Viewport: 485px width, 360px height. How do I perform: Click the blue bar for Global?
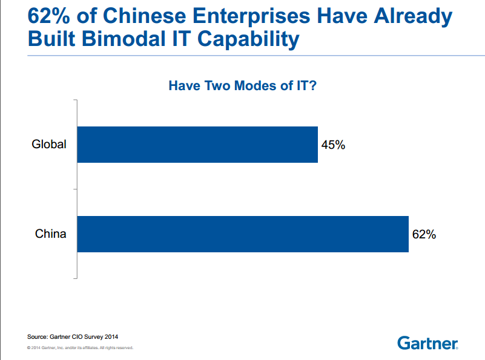[197, 145]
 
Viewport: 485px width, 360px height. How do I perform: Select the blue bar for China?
[243, 234]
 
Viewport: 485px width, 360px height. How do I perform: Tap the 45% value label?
[333, 145]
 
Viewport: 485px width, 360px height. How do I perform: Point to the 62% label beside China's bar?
[424, 235]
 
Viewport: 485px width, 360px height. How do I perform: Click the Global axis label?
[49, 145]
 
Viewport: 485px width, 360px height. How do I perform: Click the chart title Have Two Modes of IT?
[242, 86]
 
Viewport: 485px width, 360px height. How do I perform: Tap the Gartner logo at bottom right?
[427, 343]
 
